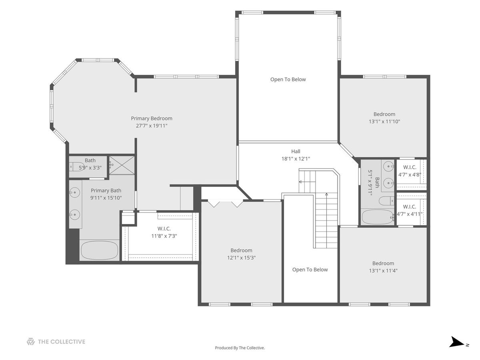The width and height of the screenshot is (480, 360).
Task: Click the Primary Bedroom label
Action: point(152,118)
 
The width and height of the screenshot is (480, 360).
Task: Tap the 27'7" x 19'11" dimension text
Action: point(152,126)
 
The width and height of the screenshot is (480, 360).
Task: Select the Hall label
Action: point(296,151)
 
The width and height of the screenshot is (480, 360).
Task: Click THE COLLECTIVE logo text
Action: point(62,342)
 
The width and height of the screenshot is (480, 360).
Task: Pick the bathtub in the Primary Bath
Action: point(100,250)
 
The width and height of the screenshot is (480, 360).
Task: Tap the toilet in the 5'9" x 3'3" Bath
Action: point(76,167)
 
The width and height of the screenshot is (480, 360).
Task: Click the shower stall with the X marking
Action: point(122,165)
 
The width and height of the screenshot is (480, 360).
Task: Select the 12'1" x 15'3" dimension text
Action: point(242,258)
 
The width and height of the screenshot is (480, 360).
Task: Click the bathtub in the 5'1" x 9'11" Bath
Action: point(378,217)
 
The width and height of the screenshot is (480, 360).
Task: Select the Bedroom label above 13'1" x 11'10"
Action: point(384,114)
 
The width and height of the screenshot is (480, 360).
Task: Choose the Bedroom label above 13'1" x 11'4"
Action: point(383,263)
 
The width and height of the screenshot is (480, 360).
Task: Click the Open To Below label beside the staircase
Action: point(310,270)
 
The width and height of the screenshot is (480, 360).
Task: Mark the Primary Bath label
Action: point(106,190)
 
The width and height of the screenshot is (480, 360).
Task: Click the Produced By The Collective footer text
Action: point(240,348)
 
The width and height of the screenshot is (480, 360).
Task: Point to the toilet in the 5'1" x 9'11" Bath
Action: point(386,201)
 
